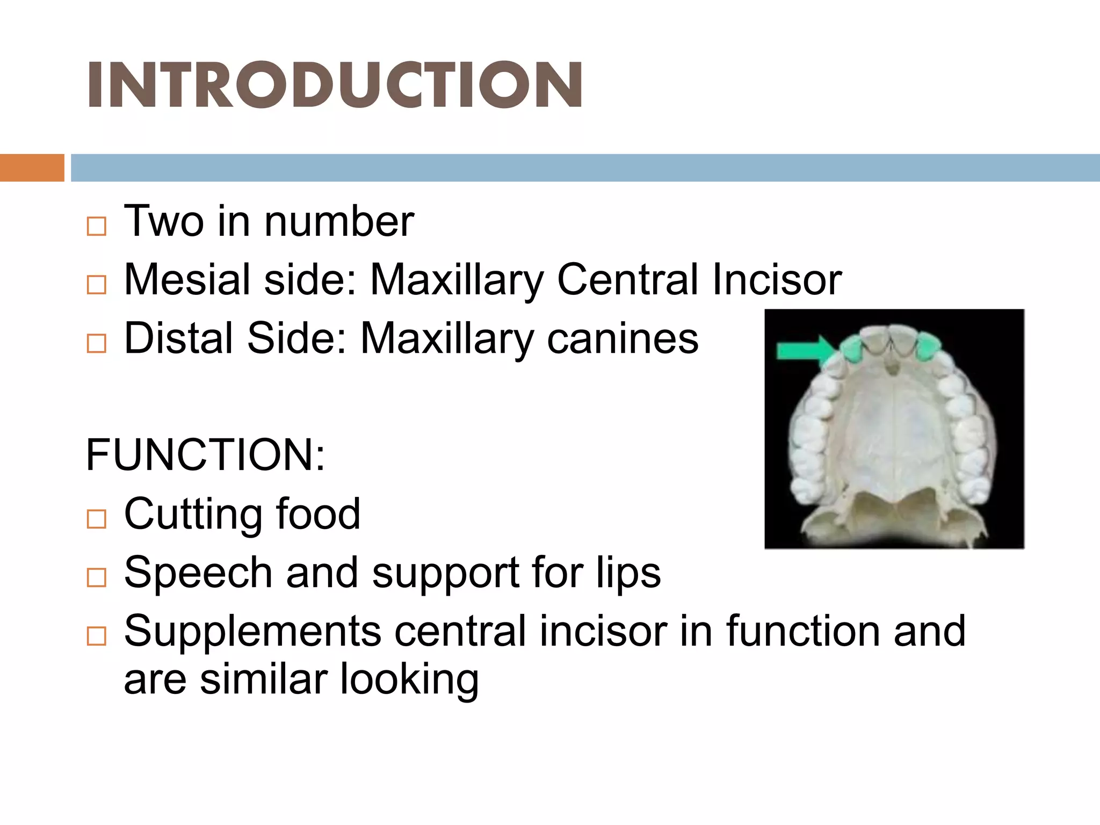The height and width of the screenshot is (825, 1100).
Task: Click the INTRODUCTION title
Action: pos(334,84)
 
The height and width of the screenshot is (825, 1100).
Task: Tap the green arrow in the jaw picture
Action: pos(804,351)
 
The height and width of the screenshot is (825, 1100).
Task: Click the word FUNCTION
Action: pos(205,455)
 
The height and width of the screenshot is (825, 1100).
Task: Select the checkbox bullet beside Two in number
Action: pos(97,226)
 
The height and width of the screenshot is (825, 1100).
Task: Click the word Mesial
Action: pos(187,279)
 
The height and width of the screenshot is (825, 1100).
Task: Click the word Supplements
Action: pos(252,631)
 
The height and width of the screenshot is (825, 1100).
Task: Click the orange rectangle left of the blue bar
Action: pos(32,168)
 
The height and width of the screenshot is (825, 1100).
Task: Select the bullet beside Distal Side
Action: pos(97,343)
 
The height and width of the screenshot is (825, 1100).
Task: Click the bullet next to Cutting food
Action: pos(97,519)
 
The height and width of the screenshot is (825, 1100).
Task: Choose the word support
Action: pos(446,573)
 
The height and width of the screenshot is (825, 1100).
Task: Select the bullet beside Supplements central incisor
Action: pos(97,636)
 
